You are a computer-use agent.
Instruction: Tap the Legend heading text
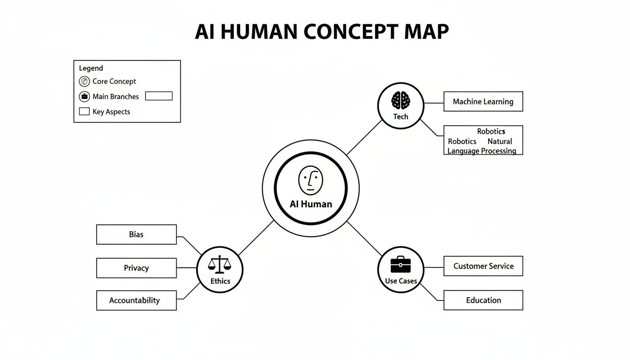click(91, 68)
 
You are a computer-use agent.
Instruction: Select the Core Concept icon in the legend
click(84, 82)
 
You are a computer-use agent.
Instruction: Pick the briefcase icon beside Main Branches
click(84, 97)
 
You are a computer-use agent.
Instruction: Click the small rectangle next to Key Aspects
click(84, 112)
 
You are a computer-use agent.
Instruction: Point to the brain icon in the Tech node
click(401, 100)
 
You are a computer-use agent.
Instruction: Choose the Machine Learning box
click(483, 102)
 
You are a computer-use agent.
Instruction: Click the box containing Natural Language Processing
click(483, 141)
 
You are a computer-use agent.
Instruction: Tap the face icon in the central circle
click(310, 180)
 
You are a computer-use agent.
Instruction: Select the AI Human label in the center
click(311, 204)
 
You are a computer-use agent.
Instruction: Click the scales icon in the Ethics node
click(220, 265)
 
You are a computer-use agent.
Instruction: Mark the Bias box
click(136, 234)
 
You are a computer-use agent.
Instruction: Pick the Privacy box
click(136, 268)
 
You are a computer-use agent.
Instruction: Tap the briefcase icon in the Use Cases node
click(401, 264)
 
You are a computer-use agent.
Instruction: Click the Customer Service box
click(483, 266)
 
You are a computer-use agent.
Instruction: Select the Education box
click(483, 300)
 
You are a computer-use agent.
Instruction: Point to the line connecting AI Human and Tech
click(365, 137)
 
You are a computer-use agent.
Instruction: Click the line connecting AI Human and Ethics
click(256, 238)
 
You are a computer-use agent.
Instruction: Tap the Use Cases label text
click(401, 281)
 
